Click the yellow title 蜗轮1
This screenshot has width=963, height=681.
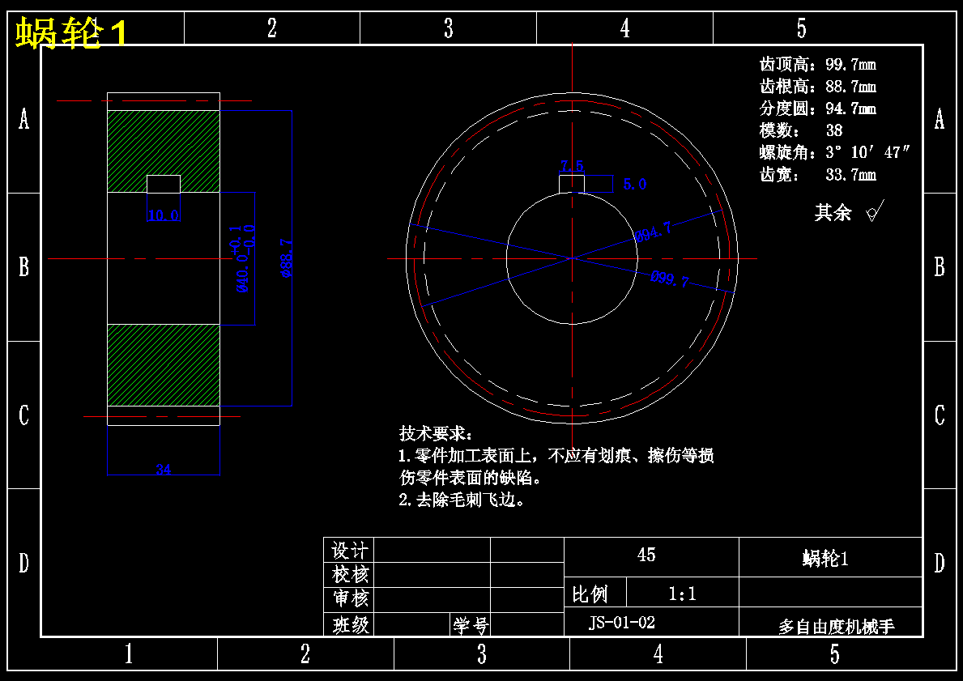click(71, 34)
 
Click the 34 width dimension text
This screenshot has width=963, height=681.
click(163, 469)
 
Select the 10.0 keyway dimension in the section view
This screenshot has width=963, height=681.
click(163, 215)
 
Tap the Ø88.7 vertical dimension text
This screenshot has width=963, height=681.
click(286, 258)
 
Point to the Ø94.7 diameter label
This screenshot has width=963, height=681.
click(652, 232)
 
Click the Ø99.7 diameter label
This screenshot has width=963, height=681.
click(669, 280)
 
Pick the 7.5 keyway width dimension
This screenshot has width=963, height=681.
click(572, 166)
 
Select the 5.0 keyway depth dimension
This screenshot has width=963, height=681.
click(634, 185)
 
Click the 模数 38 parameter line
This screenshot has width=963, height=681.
click(800, 130)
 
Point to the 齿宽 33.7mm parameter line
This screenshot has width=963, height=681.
click(817, 174)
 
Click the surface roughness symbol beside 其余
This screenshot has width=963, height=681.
click(873, 212)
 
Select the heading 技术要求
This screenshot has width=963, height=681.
click(434, 433)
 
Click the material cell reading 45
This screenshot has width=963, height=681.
click(646, 555)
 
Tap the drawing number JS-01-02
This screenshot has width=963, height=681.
click(621, 623)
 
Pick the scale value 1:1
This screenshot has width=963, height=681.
click(682, 594)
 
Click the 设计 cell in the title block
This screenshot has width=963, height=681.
click(350, 551)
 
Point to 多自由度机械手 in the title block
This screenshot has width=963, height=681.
click(836, 627)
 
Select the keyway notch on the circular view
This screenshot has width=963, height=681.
click(572, 184)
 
